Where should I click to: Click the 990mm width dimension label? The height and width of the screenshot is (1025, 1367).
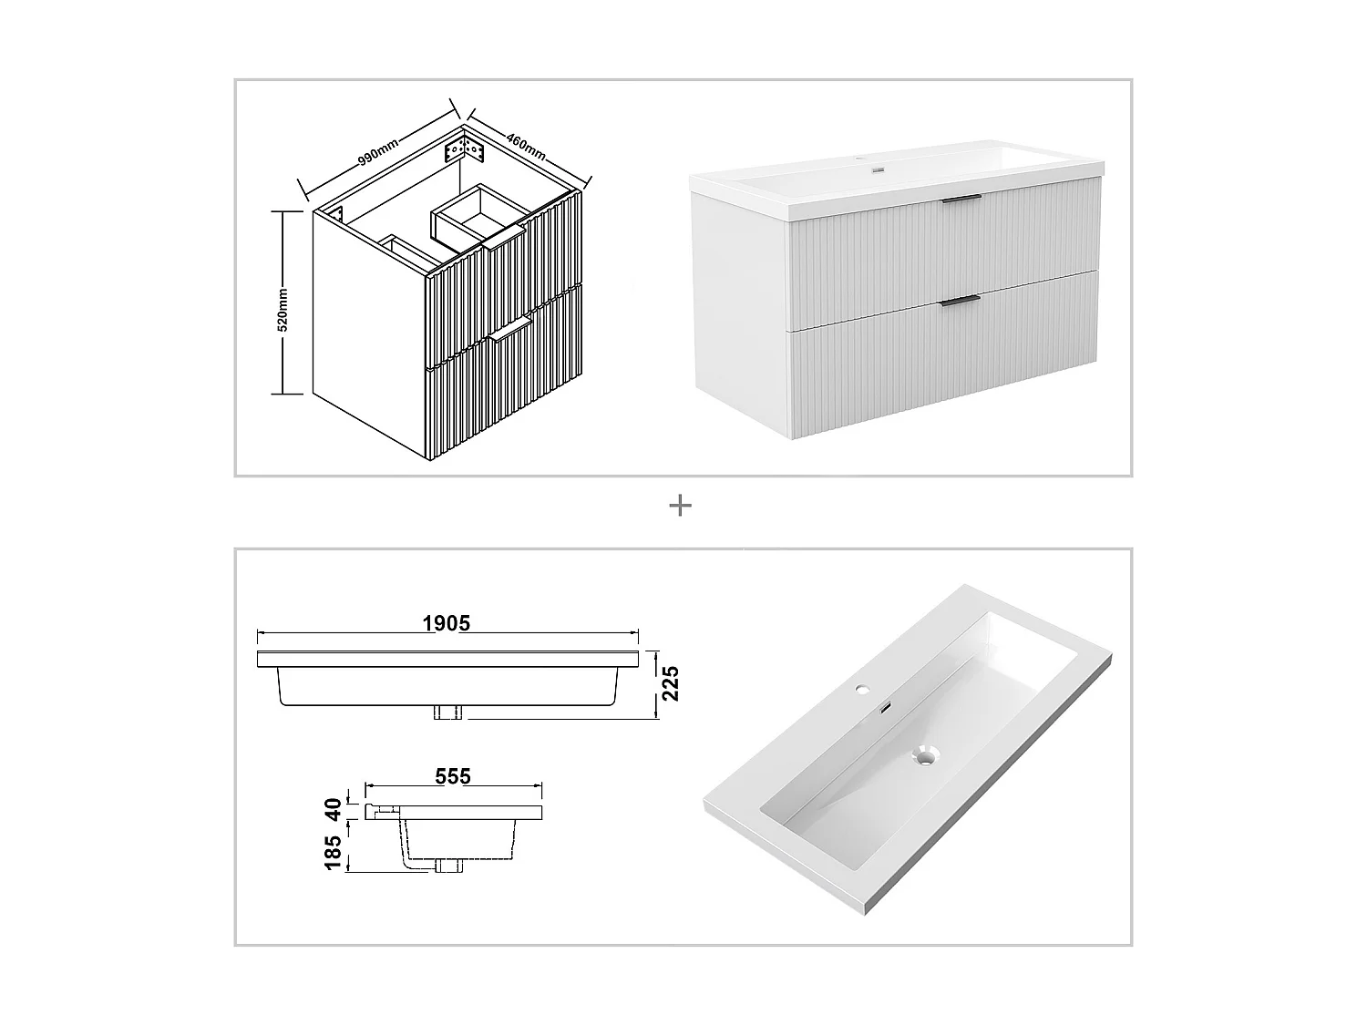tap(376, 151)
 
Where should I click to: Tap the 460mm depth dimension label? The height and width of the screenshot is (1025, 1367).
tap(526, 146)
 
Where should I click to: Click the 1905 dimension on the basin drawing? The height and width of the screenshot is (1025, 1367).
tap(447, 623)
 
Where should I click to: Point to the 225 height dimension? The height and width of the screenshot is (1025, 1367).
tap(670, 684)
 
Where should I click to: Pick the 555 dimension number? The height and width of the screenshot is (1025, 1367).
tap(453, 776)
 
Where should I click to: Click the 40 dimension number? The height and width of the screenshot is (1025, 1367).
tap(334, 808)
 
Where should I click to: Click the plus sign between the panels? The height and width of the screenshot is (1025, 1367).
tap(680, 506)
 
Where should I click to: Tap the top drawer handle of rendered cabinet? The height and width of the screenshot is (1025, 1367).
tap(961, 198)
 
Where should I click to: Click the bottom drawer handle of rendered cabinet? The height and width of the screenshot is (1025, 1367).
tap(961, 300)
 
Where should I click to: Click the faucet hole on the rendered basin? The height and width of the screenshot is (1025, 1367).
tap(861, 690)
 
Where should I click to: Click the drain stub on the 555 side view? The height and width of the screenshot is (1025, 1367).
tap(447, 866)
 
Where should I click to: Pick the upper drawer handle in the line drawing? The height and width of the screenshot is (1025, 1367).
tap(505, 240)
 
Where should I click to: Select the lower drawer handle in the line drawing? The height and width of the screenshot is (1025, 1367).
tap(509, 331)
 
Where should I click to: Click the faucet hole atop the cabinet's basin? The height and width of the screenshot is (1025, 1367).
tap(879, 169)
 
